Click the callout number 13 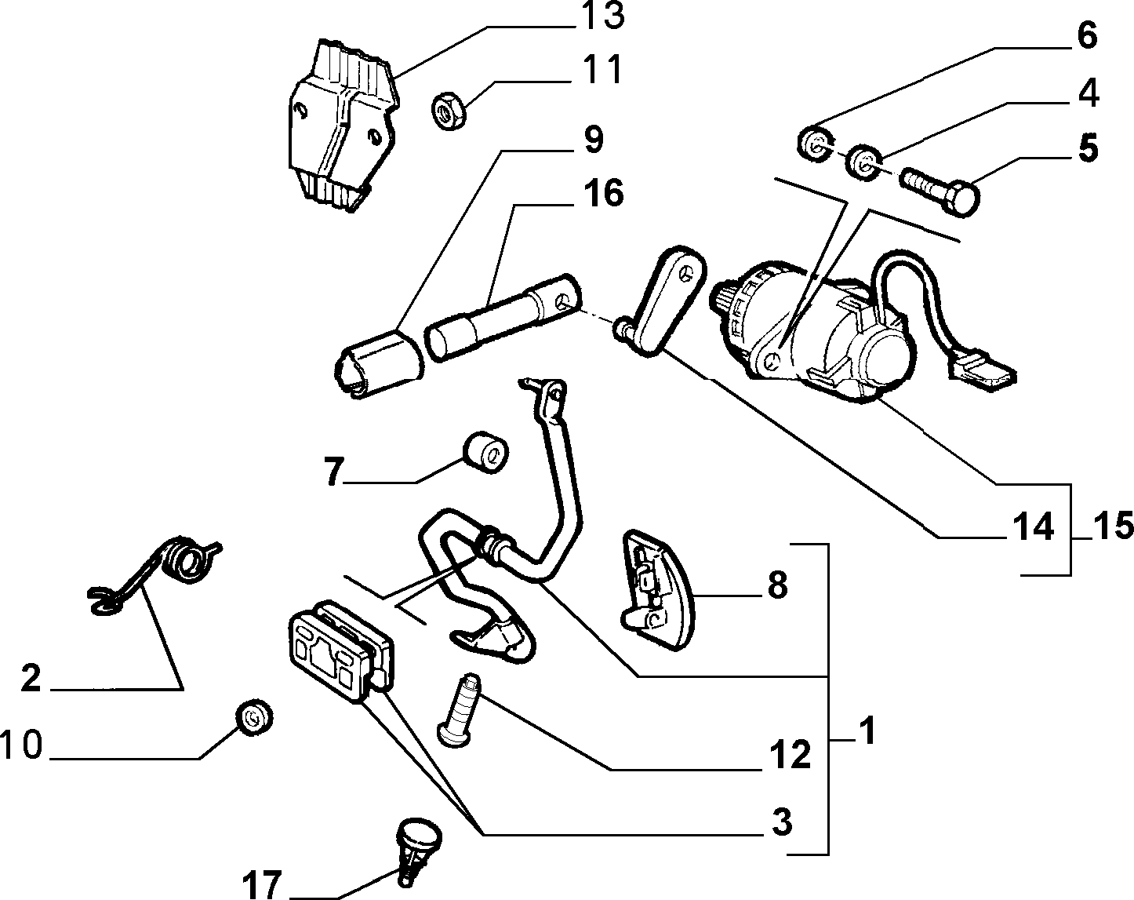(602, 17)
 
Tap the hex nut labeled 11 (449, 111)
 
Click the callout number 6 (1086, 36)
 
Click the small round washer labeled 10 (254, 718)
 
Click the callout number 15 (1112, 526)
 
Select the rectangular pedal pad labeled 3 (341, 652)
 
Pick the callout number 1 (867, 731)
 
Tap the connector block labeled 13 (343, 125)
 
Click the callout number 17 (262, 886)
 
